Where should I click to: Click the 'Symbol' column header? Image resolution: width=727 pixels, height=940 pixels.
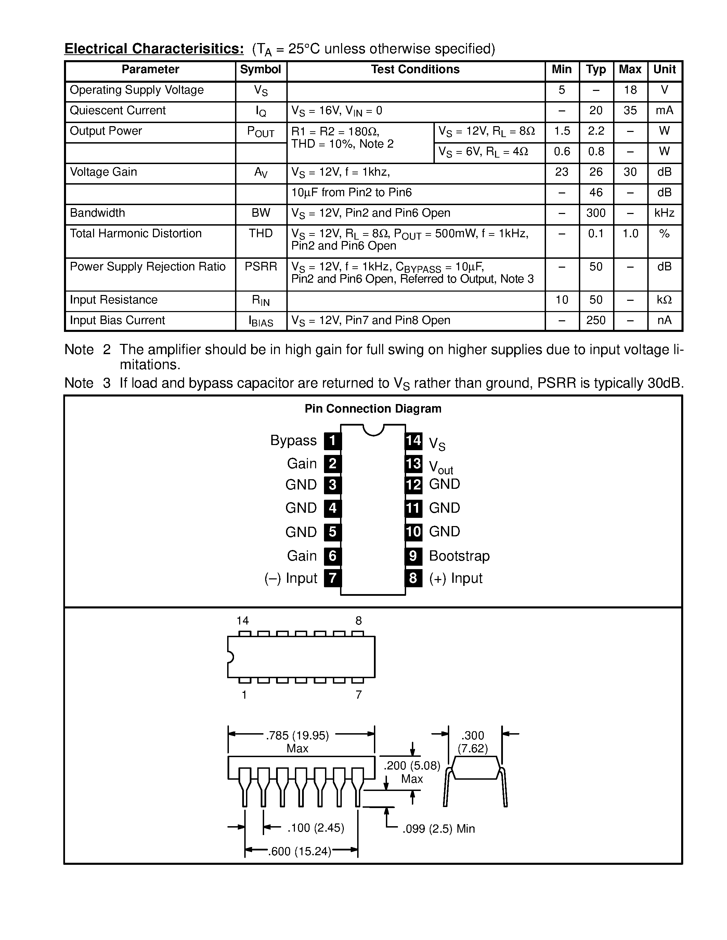point(261,69)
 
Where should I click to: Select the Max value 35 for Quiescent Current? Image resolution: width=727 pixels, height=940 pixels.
point(630,111)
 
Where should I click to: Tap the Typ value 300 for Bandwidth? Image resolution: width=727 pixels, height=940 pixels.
point(596,213)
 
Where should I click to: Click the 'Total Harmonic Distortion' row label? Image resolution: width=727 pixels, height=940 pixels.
point(136,233)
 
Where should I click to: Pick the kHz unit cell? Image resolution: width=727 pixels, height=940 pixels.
point(664,213)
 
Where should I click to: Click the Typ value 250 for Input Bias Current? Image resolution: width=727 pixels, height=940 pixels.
point(596,320)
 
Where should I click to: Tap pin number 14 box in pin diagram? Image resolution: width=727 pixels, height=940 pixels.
point(414,440)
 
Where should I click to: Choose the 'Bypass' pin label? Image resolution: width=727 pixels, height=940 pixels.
point(293,440)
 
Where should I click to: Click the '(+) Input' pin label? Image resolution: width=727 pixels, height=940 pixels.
point(456,578)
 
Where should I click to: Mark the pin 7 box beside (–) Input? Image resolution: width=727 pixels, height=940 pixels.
point(333,578)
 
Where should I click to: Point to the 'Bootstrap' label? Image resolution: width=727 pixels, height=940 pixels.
point(459,556)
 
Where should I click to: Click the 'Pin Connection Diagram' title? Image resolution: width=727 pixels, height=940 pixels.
point(373,408)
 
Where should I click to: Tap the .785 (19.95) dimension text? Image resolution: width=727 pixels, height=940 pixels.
point(298,736)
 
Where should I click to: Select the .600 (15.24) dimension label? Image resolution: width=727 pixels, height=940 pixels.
point(300,851)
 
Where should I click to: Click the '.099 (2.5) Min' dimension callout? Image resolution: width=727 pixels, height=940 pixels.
point(439,829)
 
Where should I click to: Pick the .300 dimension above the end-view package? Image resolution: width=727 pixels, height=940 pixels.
point(472,735)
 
